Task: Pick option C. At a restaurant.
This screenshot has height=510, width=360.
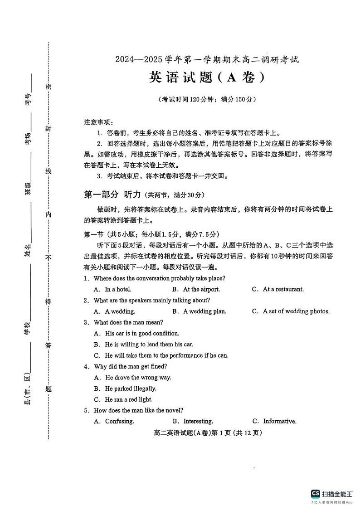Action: click(x=277, y=289)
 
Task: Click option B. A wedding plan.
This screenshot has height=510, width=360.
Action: click(x=199, y=311)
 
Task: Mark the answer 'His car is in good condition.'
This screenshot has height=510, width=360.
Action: click(x=136, y=333)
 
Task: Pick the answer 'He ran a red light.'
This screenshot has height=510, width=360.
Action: click(x=123, y=399)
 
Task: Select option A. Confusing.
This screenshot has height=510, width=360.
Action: click(x=114, y=422)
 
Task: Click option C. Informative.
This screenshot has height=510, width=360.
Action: click(x=274, y=422)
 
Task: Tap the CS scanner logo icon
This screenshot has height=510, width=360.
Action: click(x=315, y=494)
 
